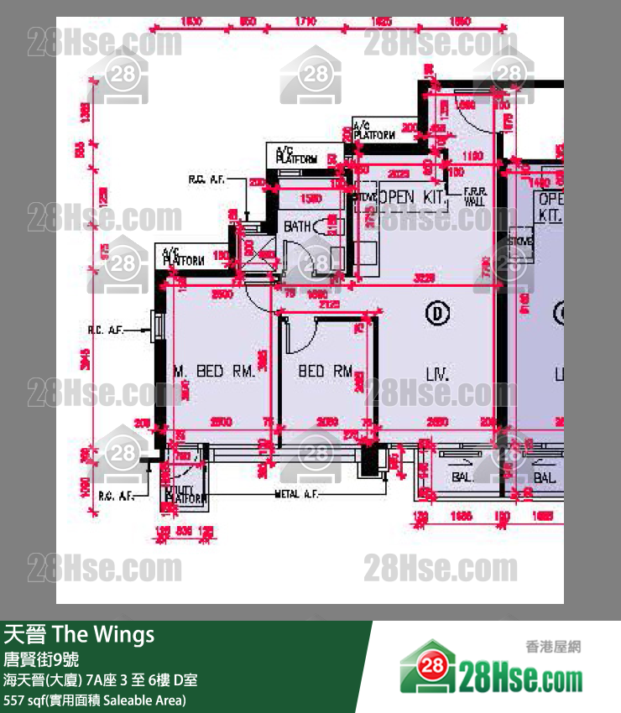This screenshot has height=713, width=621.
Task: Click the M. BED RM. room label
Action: (x=213, y=371)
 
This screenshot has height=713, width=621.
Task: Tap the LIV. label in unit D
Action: (x=436, y=373)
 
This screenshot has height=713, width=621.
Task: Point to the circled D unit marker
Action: (x=437, y=313)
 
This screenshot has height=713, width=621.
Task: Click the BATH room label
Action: (x=297, y=226)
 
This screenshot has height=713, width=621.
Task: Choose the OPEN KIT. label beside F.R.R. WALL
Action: (x=410, y=196)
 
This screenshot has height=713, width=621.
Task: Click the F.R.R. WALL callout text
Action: (x=474, y=197)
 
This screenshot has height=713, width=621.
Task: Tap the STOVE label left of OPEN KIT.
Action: (x=366, y=197)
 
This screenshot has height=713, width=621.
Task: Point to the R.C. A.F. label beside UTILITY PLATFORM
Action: (x=115, y=496)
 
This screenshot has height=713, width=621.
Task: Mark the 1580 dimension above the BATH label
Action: (x=310, y=199)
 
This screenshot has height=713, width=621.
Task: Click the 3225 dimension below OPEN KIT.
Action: (x=424, y=278)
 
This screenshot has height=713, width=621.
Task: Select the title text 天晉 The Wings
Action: (x=80, y=634)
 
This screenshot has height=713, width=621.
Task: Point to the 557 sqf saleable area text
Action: (x=95, y=700)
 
